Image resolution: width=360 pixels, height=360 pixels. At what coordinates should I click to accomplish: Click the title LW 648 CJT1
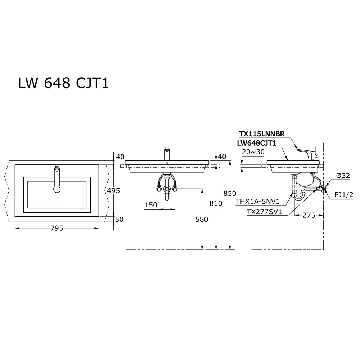click(63, 84)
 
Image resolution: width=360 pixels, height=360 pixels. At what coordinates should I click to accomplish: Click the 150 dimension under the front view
click(150, 205)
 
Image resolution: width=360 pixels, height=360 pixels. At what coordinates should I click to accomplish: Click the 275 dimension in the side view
click(309, 215)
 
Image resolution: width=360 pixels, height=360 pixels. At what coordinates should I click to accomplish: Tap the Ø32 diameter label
click(343, 176)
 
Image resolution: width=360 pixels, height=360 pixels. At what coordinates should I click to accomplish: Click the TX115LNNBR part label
click(262, 134)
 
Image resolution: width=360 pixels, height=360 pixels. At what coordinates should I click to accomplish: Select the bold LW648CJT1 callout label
click(256, 143)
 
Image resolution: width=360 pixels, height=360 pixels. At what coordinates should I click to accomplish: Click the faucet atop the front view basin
click(167, 154)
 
